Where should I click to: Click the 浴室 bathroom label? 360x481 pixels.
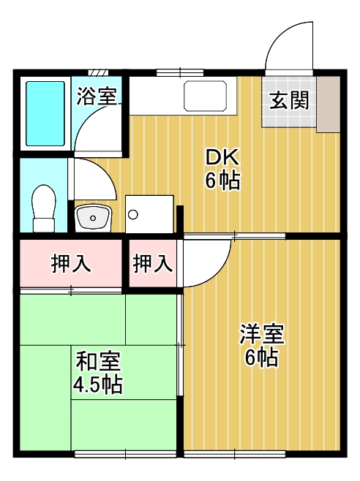point(97,96)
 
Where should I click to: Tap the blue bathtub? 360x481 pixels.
point(45,113)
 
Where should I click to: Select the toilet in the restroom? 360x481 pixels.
point(44,208)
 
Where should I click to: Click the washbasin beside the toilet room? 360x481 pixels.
point(93,218)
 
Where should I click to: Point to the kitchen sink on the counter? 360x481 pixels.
point(205,96)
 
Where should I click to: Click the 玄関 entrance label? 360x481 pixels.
point(289,101)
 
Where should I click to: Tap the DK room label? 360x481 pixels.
point(222,158)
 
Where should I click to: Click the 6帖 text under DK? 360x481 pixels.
point(222,181)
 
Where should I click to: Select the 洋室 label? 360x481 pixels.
point(262,334)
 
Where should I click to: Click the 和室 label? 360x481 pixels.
point(98,361)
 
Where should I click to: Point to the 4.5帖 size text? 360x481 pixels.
point(97,385)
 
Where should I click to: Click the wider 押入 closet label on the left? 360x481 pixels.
point(71,263)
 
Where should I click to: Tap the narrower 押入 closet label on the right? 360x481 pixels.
point(153,263)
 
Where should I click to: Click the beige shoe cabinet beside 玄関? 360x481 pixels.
point(329,105)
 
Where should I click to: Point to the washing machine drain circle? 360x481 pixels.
point(133,215)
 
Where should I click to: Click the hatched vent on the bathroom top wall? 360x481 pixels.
point(98,72)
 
